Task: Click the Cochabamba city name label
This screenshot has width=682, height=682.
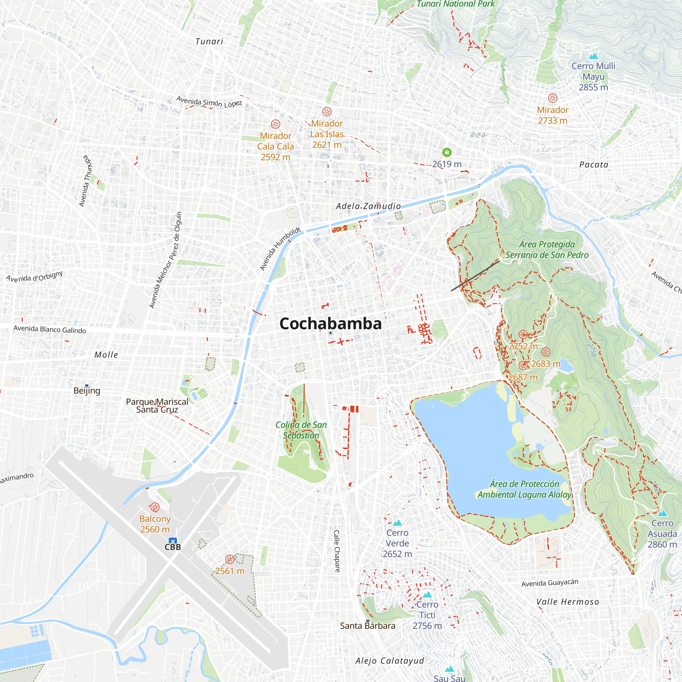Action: click(330, 324)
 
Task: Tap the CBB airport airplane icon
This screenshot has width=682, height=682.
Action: click(173, 541)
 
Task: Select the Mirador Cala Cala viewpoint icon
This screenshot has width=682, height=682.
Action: click(275, 124)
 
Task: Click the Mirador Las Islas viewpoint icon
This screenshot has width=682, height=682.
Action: click(327, 112)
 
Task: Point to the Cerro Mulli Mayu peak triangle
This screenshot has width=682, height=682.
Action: click(593, 56)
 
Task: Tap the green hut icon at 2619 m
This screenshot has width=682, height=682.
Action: click(447, 152)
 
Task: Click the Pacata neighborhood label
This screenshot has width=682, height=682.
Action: click(594, 164)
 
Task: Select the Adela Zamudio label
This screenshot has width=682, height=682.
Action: click(368, 206)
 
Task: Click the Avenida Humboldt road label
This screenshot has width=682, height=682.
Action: click(280, 249)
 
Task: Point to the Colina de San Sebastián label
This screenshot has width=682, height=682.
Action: click(301, 430)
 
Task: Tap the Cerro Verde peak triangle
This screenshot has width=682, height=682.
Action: click(398, 523)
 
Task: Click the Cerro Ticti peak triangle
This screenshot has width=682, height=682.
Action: click(427, 595)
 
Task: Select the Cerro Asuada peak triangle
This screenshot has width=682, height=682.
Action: click(662, 513)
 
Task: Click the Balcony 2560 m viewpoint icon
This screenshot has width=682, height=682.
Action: click(154, 507)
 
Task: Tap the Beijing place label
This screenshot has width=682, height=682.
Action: click(87, 390)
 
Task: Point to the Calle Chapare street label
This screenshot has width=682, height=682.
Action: click(337, 551)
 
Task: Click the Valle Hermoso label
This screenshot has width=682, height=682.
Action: click(568, 602)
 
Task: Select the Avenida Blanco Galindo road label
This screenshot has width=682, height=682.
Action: click(50, 329)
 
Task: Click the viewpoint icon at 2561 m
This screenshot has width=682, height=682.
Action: click(230, 559)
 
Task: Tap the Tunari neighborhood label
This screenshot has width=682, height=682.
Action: click(209, 42)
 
